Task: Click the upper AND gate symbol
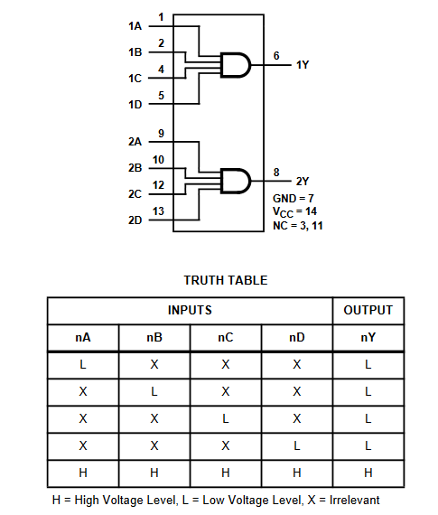point(236,65)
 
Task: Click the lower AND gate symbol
point(236,181)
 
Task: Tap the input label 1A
point(135,26)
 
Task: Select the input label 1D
point(135,105)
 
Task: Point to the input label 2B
point(135,168)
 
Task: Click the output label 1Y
point(303,65)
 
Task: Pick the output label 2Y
point(303,181)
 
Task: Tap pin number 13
point(158,211)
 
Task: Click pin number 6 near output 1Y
point(276,55)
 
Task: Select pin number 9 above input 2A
point(161,134)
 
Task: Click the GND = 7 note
point(294,199)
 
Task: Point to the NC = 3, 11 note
point(298,226)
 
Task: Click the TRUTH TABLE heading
point(226,280)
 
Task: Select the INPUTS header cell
point(190,310)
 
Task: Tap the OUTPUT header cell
point(368,310)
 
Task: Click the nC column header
point(226,337)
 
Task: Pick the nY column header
point(368,337)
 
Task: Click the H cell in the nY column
point(368,473)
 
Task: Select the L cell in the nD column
point(297,445)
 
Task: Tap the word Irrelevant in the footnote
point(355,500)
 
